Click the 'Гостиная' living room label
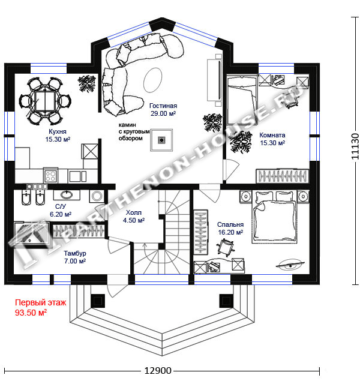tap(163, 106)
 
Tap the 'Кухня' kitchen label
tap(58, 131)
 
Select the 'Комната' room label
tap(272, 135)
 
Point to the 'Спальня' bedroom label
tap(230, 224)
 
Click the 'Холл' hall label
tap(134, 212)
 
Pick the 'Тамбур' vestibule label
tap(75, 253)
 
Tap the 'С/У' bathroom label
tap(61, 206)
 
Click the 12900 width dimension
tap(158, 371)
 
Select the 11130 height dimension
tap(355, 146)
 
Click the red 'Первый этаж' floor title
tap(41, 302)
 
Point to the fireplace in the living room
tap(161, 140)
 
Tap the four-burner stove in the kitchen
tap(50, 176)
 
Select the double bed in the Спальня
tap(275, 217)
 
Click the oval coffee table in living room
tap(152, 80)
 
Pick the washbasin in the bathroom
tap(67, 195)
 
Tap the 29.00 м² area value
tap(163, 113)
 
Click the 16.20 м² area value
tap(230, 232)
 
